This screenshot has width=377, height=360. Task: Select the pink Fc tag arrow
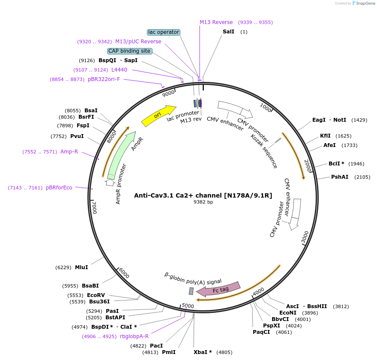(218, 289)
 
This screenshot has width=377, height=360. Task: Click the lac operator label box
(163, 32)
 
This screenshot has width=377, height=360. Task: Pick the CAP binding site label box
(129, 51)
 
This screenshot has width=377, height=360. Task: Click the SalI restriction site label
(228, 32)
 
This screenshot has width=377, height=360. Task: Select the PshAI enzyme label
(339, 177)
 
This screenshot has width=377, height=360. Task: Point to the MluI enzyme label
(81, 267)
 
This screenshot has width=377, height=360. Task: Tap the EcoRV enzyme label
(96, 295)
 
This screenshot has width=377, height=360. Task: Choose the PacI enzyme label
(156, 345)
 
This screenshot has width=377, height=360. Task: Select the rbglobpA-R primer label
(134, 336)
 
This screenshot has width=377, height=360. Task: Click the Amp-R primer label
(69, 151)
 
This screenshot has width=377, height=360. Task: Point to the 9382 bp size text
(203, 202)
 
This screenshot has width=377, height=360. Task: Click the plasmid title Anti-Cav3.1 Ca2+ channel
(203, 195)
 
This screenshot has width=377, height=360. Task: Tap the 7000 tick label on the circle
(95, 208)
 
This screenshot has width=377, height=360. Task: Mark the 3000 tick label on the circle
(305, 237)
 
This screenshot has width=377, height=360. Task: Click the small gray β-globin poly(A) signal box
(191, 291)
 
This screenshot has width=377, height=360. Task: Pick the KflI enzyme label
(325, 136)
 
